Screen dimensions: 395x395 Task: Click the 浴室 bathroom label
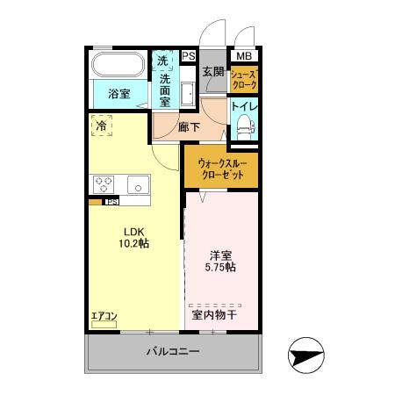point(119,93)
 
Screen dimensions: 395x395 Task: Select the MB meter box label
point(243,56)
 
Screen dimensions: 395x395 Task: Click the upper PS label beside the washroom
point(188,56)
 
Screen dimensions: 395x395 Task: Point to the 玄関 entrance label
point(212,72)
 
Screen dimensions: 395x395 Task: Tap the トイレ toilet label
point(243,108)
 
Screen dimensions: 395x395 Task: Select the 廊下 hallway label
point(189,126)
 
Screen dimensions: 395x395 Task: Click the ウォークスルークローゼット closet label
point(221,168)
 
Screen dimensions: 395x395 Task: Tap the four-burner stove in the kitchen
point(104,184)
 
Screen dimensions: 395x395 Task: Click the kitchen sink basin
point(138,184)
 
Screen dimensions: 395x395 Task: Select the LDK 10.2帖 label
point(134,238)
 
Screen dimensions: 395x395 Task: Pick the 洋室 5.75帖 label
point(221,261)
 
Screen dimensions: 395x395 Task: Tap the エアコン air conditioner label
point(104,316)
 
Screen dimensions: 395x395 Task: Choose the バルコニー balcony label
point(173,353)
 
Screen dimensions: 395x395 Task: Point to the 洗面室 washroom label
point(164,81)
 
